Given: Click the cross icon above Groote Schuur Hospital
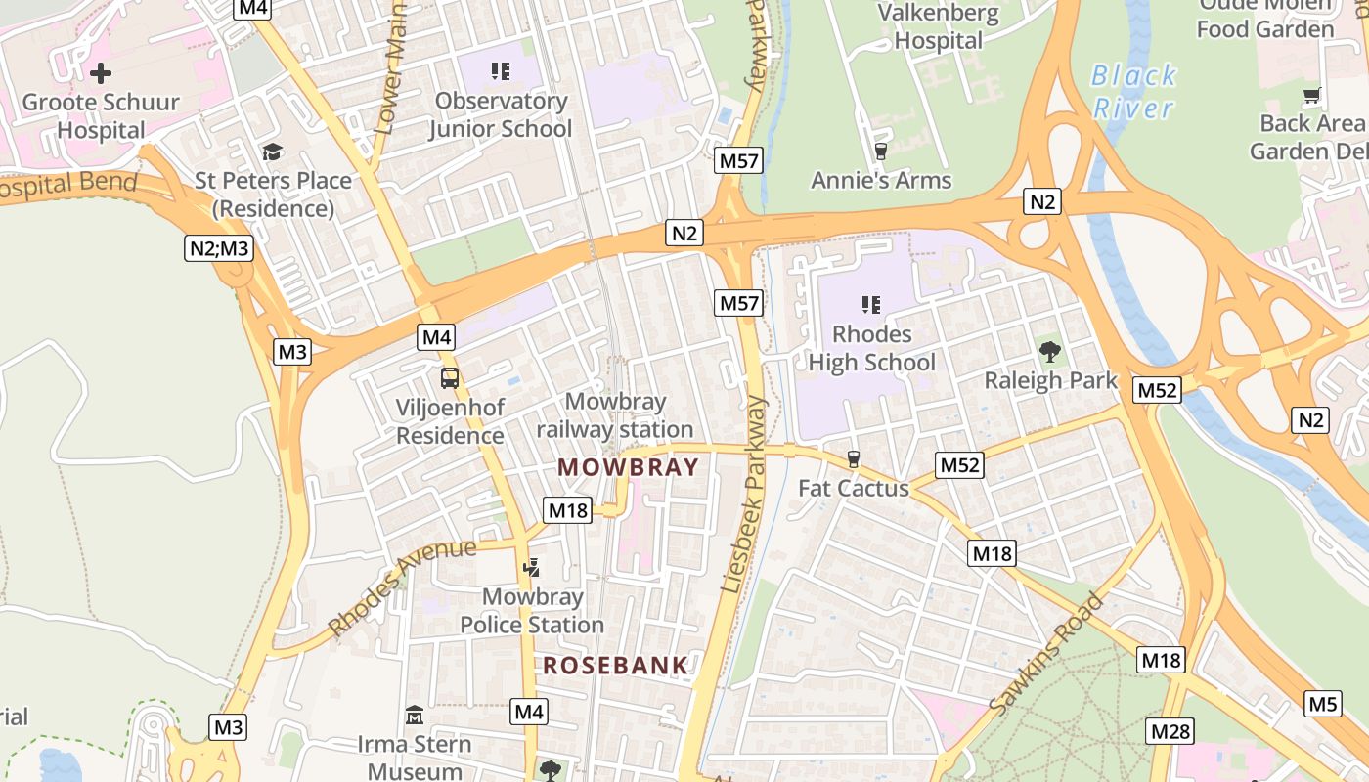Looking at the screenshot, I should pos(100,73).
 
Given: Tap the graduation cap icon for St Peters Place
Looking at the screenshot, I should pos(272,152).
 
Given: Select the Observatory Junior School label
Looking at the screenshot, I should pos(500,114).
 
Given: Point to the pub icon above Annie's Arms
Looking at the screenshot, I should pos(880,152).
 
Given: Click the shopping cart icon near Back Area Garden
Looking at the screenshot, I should pos(1311,96).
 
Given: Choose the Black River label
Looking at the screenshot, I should pos(1133,91).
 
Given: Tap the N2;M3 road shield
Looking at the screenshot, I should pos(219,248).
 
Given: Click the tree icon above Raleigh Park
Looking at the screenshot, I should pos(1049,351).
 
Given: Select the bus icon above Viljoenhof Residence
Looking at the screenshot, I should pos(449,378).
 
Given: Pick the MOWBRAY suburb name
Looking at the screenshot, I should pos(629,467).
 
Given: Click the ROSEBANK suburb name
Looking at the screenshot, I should pos(616,666).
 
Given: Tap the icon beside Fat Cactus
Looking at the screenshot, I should pos(854,459).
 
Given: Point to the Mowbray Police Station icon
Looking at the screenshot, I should pos(532,568).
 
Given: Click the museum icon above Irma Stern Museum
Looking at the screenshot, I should pos(415,716).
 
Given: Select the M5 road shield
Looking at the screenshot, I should pos(1322,704).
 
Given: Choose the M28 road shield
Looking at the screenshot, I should pos(1170,731).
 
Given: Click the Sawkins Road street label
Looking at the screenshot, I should pos(1046,653).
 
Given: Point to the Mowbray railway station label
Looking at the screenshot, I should pos(615,415).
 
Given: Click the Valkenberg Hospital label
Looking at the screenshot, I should pos(939,27).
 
